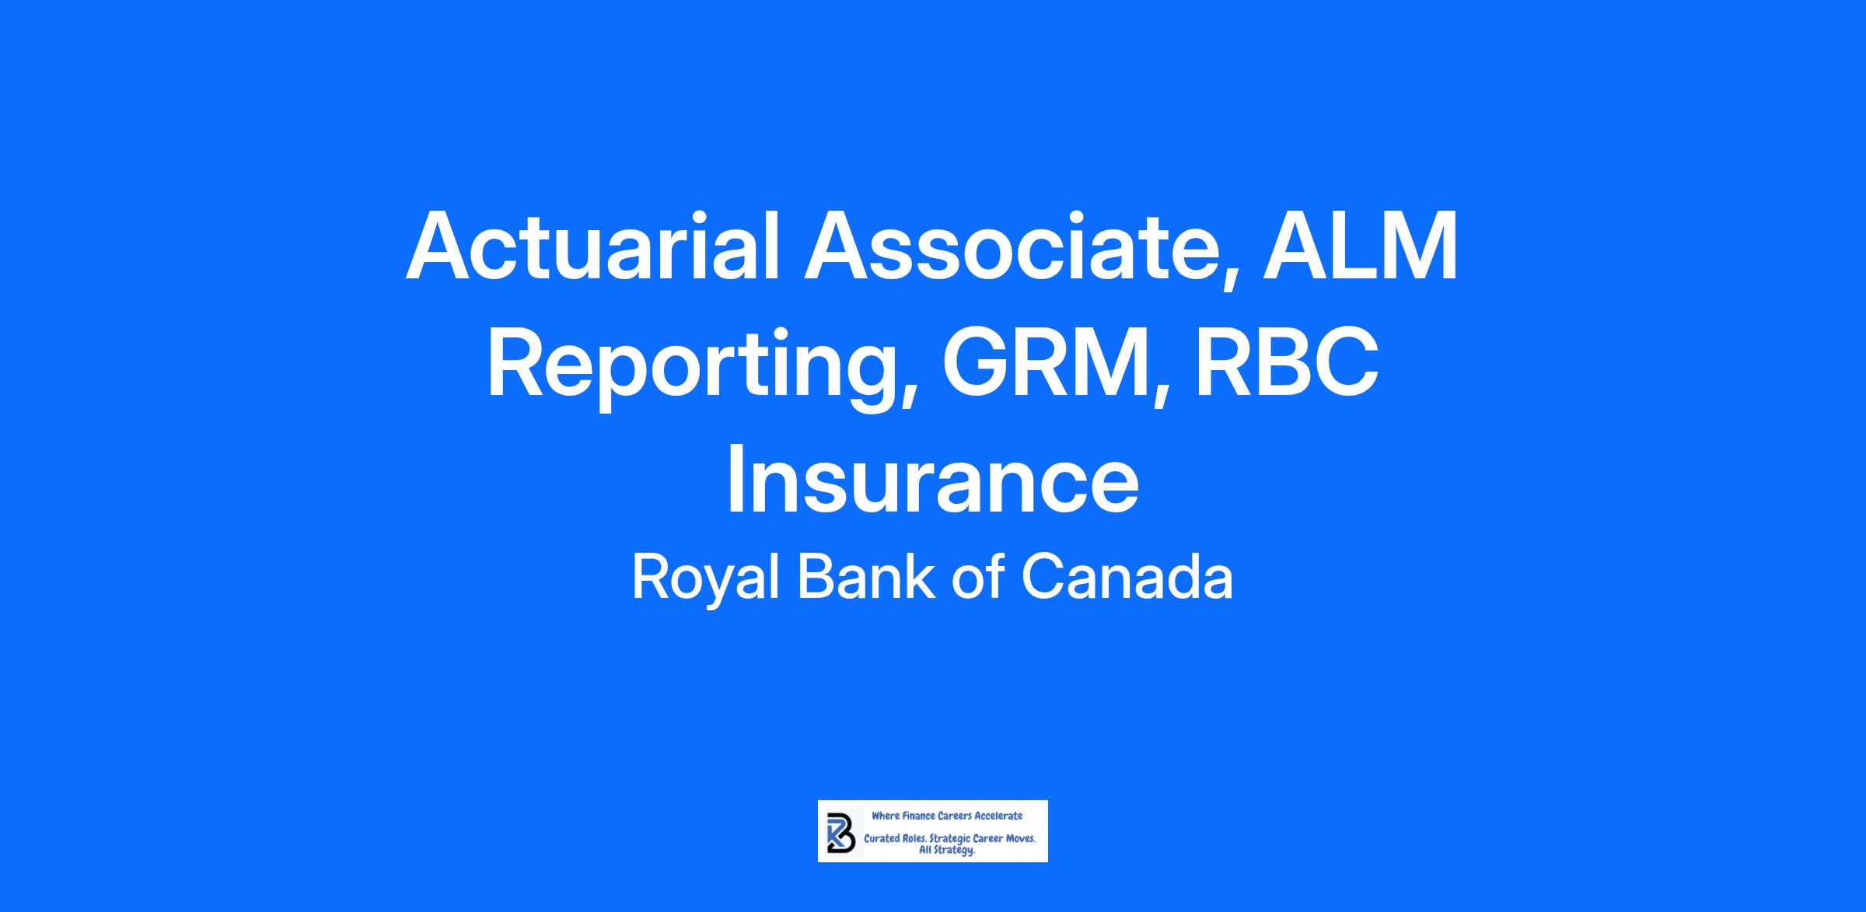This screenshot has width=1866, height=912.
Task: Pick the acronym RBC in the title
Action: click(1288, 364)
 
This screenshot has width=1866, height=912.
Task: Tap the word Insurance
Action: click(932, 482)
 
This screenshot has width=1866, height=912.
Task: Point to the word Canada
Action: click(1127, 577)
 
